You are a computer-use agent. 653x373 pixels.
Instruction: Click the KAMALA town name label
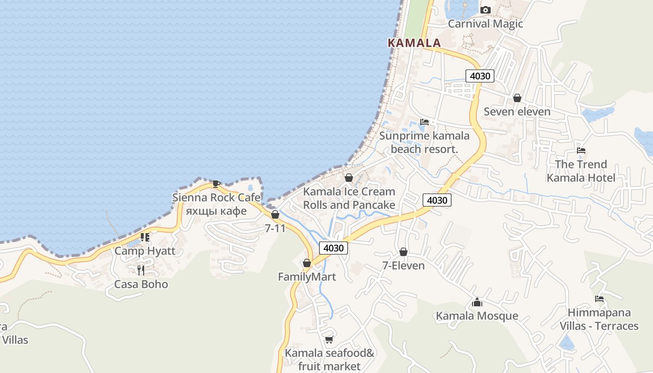[414, 43]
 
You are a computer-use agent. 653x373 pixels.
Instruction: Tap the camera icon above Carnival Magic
[485, 10]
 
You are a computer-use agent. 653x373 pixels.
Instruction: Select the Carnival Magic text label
[485, 24]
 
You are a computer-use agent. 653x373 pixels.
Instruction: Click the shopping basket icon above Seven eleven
[517, 98]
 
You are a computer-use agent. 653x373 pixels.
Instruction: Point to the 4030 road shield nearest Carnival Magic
[479, 76]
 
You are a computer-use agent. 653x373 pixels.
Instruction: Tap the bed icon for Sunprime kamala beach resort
[424, 122]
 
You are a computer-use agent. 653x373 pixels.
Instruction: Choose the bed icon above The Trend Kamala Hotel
[581, 151]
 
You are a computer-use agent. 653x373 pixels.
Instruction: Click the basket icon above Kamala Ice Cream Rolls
[348, 178]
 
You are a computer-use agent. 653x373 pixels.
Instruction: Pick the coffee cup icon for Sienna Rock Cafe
[216, 184]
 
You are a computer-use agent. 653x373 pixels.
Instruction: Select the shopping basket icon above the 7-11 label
[275, 214]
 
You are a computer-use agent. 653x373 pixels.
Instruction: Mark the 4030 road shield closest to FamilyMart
[333, 248]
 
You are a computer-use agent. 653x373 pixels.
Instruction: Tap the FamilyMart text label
[306, 277]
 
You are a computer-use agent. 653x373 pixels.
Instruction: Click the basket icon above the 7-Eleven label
[403, 252]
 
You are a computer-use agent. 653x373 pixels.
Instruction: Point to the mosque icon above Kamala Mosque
[477, 302]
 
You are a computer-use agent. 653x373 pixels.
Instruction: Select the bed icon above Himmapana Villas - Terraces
[599, 299]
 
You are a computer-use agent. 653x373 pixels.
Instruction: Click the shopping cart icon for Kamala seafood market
[329, 339]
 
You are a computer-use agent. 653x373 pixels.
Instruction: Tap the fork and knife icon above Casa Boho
[141, 270]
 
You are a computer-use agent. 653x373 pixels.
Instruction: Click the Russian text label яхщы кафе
[216, 211]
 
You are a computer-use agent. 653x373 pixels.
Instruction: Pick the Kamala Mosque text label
[477, 316]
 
